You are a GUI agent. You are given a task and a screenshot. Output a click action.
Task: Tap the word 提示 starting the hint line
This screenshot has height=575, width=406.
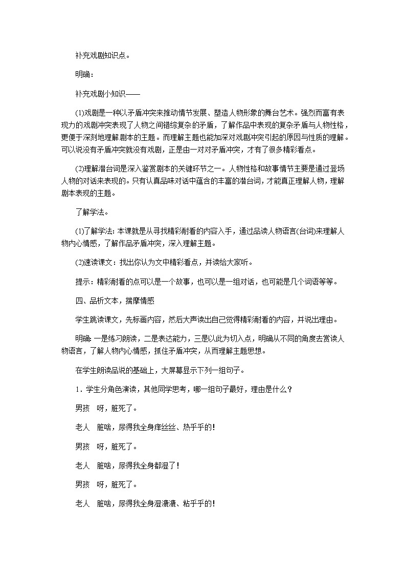(82, 282)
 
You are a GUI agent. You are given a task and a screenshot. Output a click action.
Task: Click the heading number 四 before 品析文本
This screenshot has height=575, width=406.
(78, 301)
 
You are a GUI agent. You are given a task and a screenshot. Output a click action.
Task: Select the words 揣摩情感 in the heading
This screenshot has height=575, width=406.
(138, 301)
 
